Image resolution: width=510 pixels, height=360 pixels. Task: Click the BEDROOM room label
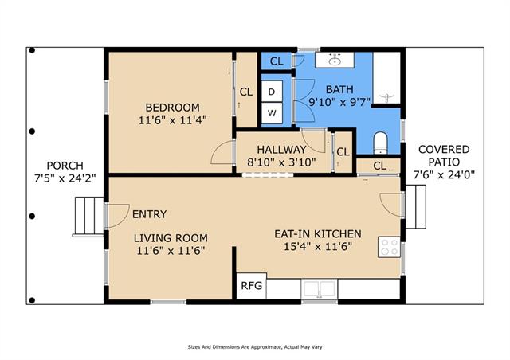(x=172, y=108)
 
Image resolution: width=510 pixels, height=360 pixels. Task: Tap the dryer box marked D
(x=272, y=92)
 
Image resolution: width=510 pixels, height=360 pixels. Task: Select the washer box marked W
(x=272, y=113)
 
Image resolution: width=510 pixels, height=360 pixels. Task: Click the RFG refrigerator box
(x=251, y=286)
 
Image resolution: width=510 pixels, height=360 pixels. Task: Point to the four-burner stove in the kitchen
(x=389, y=247)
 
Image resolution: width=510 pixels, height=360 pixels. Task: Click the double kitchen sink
(x=320, y=288)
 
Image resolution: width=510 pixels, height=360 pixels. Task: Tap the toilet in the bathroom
(x=380, y=143)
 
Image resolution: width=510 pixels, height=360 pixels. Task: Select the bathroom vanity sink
(x=335, y=60)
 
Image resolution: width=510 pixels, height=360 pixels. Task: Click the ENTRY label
(x=150, y=214)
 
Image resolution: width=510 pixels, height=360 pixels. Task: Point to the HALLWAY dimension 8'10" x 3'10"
(x=281, y=162)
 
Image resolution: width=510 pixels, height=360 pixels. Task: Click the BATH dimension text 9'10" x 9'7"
(x=339, y=103)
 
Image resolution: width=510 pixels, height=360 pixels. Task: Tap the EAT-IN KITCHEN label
(x=318, y=234)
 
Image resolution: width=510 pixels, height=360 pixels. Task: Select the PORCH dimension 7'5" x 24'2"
(x=65, y=178)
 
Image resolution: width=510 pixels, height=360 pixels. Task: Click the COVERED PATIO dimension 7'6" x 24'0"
(x=444, y=175)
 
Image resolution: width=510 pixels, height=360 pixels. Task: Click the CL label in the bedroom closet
(x=246, y=92)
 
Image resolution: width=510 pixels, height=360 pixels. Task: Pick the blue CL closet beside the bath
(x=277, y=61)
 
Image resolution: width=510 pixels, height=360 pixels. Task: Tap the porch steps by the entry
(x=88, y=217)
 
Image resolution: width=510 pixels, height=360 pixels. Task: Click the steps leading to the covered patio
(x=416, y=206)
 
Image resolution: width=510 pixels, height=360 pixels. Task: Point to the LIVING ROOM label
(x=171, y=238)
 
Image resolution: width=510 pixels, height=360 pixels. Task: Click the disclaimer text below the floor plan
(x=255, y=347)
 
